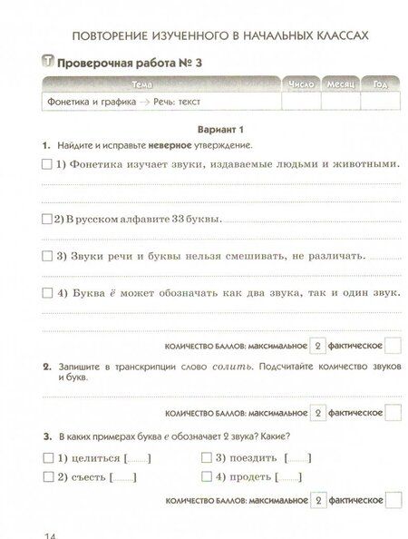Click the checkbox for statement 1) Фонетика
46,164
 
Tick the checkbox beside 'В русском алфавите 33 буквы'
46,219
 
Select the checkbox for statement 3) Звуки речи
46,256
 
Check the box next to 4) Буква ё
46,293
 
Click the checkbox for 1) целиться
46,457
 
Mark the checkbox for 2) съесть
46,476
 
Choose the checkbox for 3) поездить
206,457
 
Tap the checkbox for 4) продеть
206,476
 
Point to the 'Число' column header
300,84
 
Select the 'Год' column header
377,84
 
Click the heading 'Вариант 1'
204,129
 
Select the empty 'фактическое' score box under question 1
393,345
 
